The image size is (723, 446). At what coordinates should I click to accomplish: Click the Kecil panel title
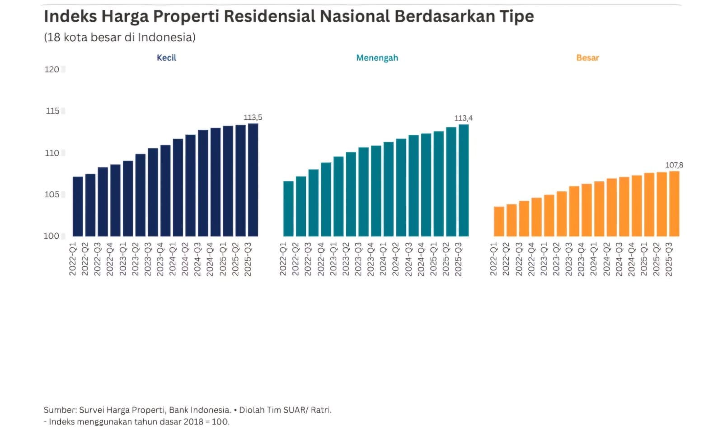pyautogui.click(x=166, y=58)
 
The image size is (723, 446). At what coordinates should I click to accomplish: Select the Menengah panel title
pyautogui.click(x=377, y=58)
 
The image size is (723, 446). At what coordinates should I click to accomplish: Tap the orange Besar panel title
pyautogui.click(x=587, y=58)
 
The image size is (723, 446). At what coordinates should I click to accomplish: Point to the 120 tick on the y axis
pyautogui.click(x=52, y=70)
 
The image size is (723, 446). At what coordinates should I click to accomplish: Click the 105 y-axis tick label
pyautogui.click(x=52, y=195)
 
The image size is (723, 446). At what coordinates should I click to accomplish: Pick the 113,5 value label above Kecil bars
pyautogui.click(x=253, y=118)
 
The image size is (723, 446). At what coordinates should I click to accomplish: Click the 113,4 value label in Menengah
pyautogui.click(x=463, y=118)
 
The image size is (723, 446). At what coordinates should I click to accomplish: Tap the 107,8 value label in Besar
pyautogui.click(x=674, y=165)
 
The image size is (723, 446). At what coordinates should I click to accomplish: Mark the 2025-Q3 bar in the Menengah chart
pyautogui.click(x=464, y=180)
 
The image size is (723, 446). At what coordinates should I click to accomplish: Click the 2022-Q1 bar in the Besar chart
pyautogui.click(x=499, y=221)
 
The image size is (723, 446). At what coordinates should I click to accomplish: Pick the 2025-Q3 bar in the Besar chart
pyautogui.click(x=674, y=204)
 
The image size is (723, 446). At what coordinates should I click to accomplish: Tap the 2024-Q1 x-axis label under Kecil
pyautogui.click(x=173, y=259)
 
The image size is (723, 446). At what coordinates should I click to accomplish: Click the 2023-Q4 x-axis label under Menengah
pyautogui.click(x=371, y=259)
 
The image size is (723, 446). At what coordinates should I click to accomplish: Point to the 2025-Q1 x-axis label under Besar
pyautogui.click(x=644, y=259)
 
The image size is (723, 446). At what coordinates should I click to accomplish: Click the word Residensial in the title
pyautogui.click(x=269, y=16)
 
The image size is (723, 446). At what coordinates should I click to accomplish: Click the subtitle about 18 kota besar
pyautogui.click(x=120, y=38)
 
